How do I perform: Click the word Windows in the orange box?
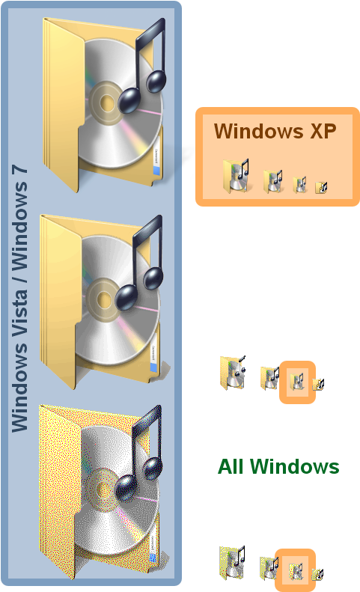click(x=259, y=132)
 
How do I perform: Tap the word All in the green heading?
click(x=231, y=467)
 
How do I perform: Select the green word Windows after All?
click(x=295, y=467)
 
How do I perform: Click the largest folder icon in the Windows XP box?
click(x=236, y=176)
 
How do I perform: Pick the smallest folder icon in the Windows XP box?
click(x=321, y=187)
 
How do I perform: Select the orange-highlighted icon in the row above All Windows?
click(x=296, y=382)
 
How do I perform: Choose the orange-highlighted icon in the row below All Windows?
click(x=296, y=571)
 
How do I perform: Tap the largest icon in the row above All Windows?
click(x=233, y=372)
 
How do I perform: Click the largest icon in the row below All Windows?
click(x=232, y=563)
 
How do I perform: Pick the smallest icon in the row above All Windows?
click(x=318, y=385)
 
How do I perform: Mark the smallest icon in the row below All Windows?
click(x=317, y=574)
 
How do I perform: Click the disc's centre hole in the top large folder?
click(x=107, y=103)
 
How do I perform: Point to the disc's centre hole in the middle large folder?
click(x=103, y=300)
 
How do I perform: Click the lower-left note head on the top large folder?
click(x=129, y=100)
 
